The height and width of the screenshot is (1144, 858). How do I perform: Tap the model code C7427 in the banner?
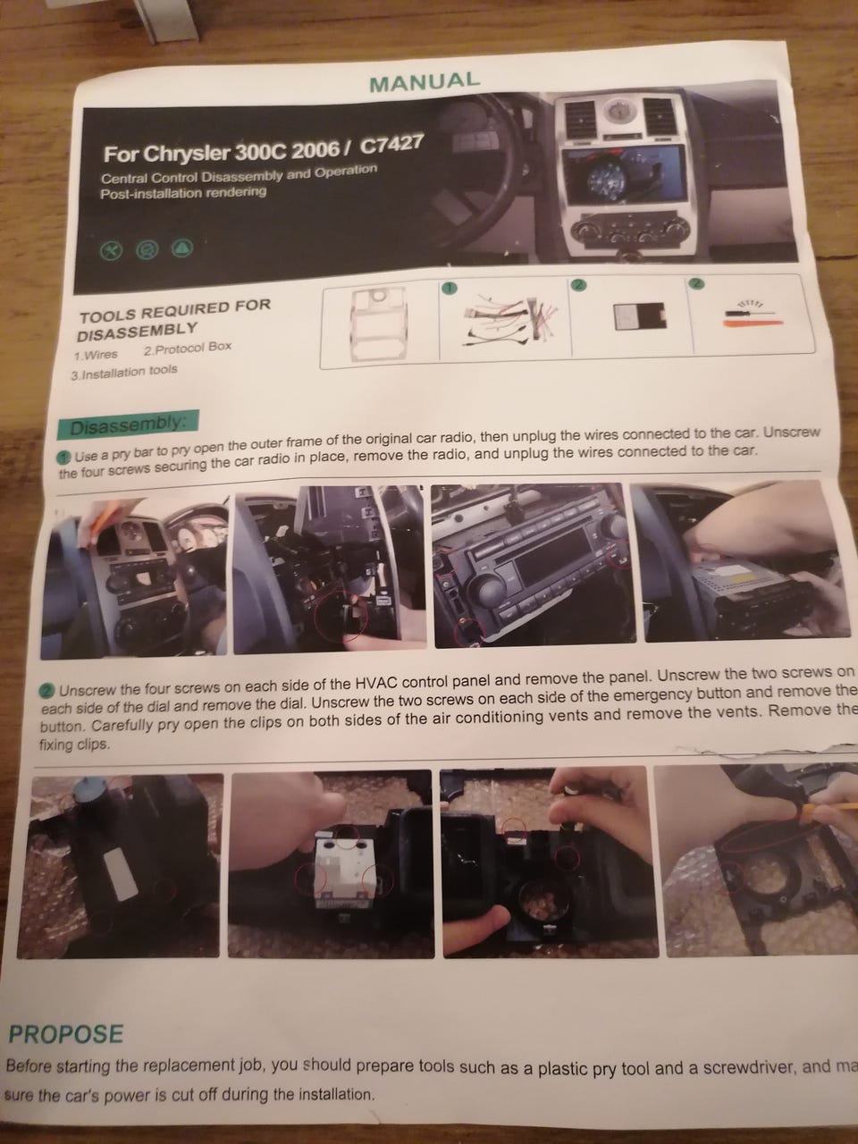pyautogui.click(x=391, y=145)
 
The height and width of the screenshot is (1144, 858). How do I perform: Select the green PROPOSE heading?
pyautogui.click(x=66, y=1032)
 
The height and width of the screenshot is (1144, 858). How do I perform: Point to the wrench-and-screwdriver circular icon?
pyautogui.click(x=111, y=250)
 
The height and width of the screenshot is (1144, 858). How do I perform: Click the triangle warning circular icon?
pyautogui.click(x=182, y=248)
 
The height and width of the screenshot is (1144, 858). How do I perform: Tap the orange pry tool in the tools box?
pyautogui.click(x=753, y=324)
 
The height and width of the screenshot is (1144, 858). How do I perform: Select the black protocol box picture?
pyautogui.click(x=639, y=315)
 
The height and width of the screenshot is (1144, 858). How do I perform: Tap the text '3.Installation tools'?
pyautogui.click(x=124, y=372)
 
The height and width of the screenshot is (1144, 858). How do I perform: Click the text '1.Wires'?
pyautogui.click(x=97, y=355)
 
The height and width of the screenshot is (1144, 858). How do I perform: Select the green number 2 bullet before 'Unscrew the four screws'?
pyautogui.click(x=46, y=692)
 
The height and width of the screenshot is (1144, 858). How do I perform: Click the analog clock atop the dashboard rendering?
pyautogui.click(x=618, y=111)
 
